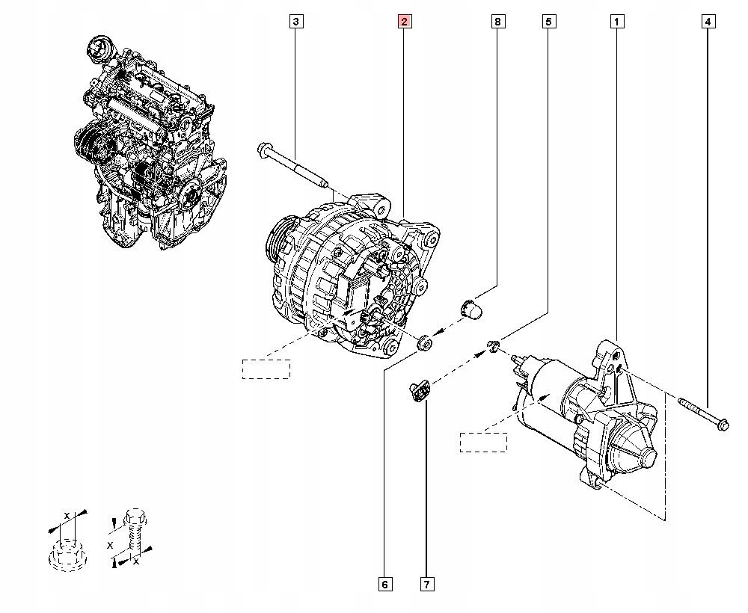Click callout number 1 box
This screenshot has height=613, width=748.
617,22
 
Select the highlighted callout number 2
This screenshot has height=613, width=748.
404,22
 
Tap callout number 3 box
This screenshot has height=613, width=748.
296,22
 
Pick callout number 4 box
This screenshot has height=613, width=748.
708,22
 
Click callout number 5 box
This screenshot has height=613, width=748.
548,22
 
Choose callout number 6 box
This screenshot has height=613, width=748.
384,584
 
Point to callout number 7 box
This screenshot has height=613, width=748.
426,584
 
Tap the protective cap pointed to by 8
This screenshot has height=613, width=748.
470,307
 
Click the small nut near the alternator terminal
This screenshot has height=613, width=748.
423,343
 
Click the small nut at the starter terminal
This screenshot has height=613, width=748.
493,345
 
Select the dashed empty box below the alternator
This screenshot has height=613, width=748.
266,369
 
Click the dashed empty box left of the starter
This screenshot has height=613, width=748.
483,442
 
